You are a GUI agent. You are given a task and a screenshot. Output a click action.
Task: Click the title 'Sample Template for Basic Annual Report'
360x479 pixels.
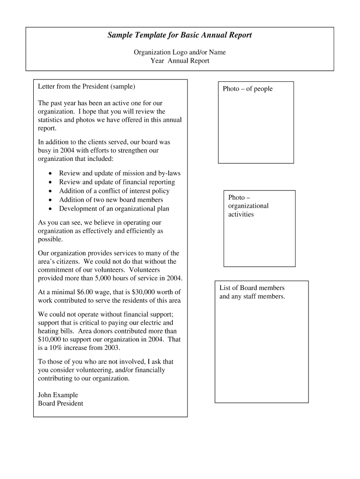click(x=180, y=36)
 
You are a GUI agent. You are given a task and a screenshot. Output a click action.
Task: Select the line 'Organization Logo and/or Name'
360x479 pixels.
click(x=180, y=52)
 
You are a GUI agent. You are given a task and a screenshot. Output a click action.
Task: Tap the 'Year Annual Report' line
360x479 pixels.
click(x=180, y=61)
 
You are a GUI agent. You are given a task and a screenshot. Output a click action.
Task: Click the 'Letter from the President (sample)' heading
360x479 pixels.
click(x=86, y=87)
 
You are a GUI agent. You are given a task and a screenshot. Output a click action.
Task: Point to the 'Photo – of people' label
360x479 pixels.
click(x=247, y=89)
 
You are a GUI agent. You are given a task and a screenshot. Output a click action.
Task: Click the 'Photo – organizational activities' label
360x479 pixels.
click(x=248, y=206)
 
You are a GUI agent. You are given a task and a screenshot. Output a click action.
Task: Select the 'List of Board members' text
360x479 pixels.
click(x=252, y=288)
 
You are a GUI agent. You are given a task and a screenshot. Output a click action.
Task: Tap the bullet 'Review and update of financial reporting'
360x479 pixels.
click(x=117, y=182)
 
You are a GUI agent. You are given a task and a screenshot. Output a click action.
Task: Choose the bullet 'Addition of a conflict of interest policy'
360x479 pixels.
click(x=114, y=191)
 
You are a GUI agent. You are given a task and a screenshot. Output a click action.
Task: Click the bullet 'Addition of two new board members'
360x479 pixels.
click(x=111, y=200)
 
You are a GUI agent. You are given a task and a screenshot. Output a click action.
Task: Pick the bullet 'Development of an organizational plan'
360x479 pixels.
click(x=114, y=209)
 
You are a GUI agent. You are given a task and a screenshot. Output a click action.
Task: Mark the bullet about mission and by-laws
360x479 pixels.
click(x=120, y=173)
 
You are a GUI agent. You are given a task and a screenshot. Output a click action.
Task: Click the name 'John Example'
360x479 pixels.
click(x=58, y=395)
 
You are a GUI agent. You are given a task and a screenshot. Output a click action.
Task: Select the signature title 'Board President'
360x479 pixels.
click(x=60, y=403)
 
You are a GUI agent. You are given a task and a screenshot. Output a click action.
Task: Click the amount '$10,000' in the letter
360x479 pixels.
click(x=50, y=340)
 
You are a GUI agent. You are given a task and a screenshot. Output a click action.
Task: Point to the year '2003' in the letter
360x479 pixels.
click(x=112, y=348)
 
